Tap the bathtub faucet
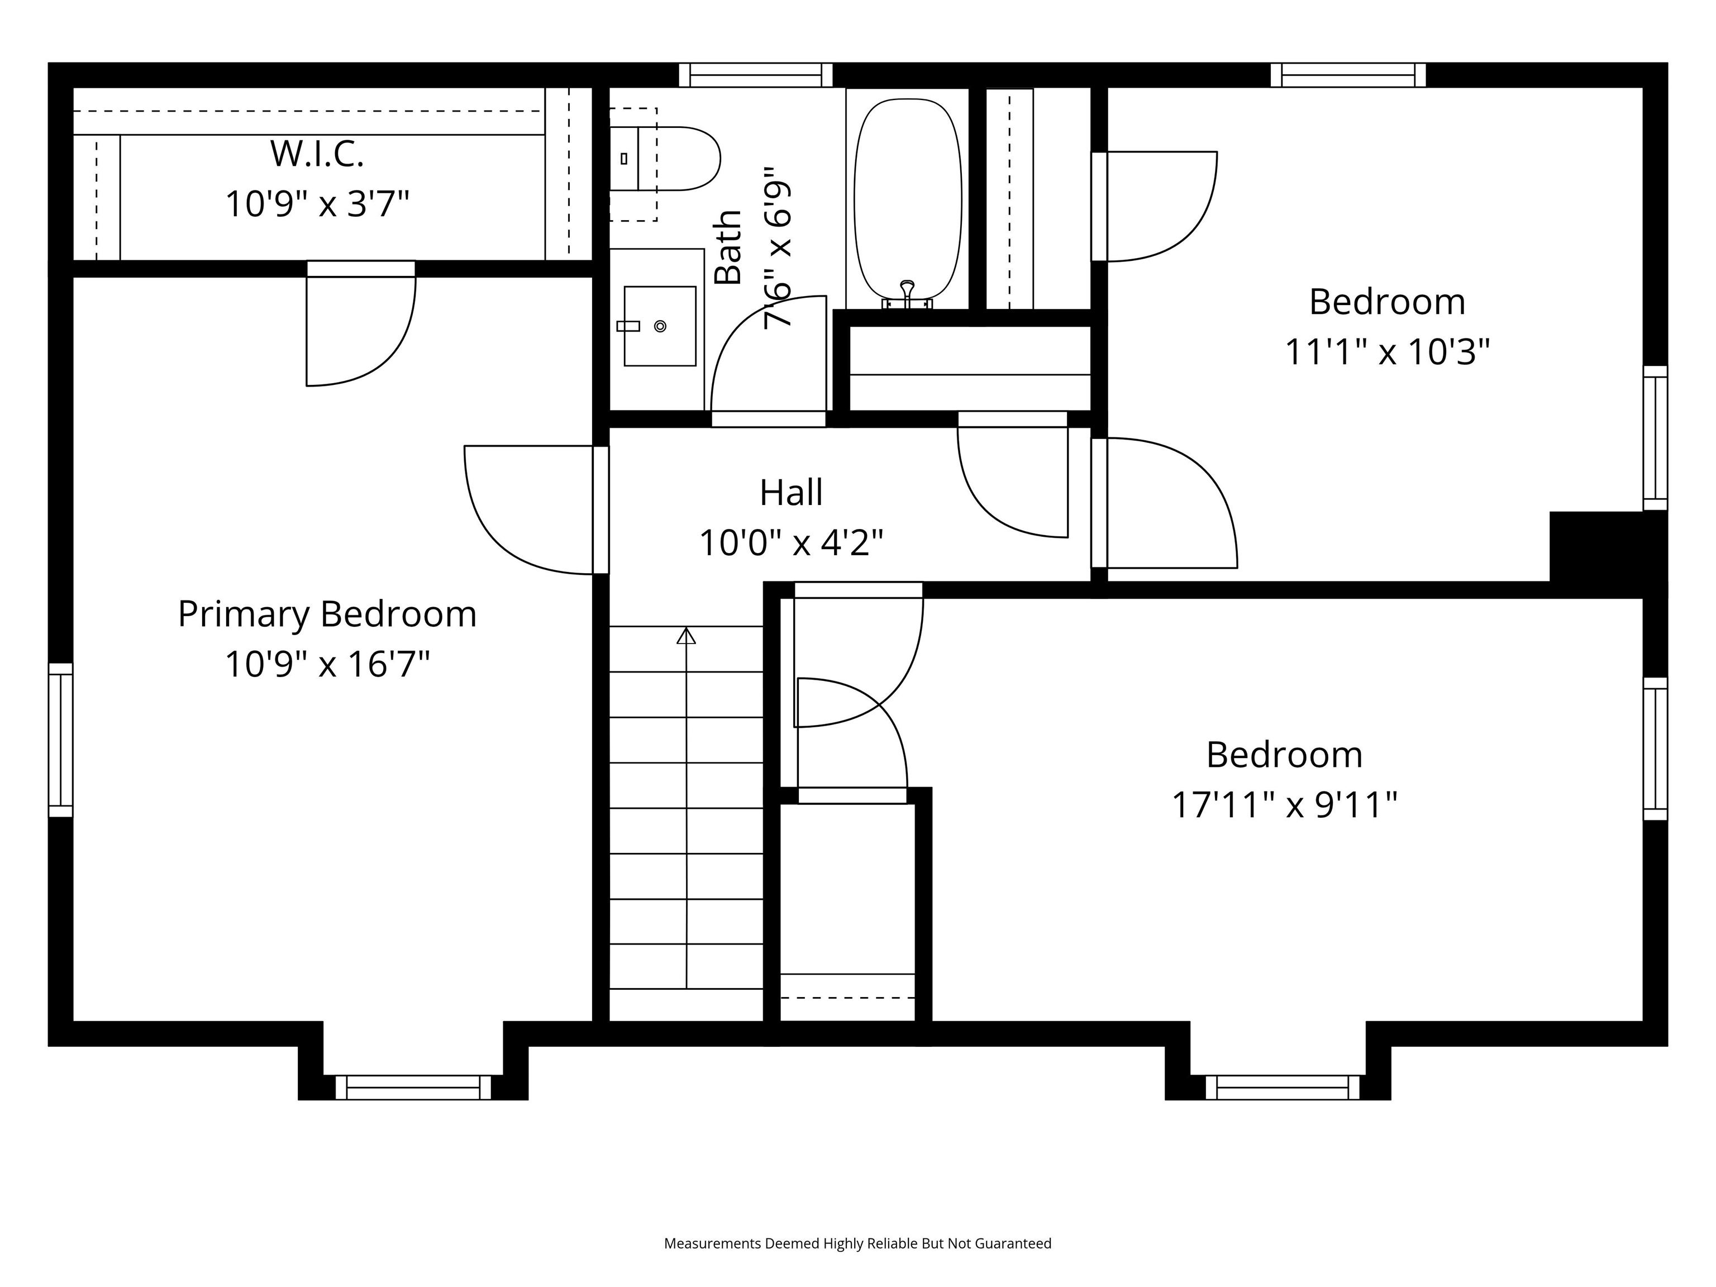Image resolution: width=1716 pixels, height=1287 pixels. click(x=907, y=294)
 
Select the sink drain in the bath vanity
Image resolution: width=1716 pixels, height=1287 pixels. click(x=660, y=327)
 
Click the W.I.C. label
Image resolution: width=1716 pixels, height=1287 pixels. click(x=317, y=154)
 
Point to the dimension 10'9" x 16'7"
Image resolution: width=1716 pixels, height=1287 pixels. click(x=327, y=665)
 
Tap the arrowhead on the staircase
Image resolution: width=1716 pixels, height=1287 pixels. click(x=686, y=636)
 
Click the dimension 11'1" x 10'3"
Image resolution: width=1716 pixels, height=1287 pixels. click(x=1387, y=351)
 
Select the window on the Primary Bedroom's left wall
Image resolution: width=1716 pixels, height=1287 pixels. click(x=60, y=740)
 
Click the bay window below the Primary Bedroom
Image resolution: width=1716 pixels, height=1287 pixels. click(x=413, y=1087)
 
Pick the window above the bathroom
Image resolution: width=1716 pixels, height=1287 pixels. click(x=756, y=75)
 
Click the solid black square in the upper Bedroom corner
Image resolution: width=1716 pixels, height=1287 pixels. click(x=1606, y=547)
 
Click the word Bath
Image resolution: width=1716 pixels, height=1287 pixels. click(x=728, y=247)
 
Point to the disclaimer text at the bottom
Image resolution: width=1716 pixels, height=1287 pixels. click(x=857, y=1243)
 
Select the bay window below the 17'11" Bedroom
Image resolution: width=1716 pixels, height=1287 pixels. click(x=1283, y=1087)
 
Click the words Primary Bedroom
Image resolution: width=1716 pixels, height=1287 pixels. click(x=327, y=614)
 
